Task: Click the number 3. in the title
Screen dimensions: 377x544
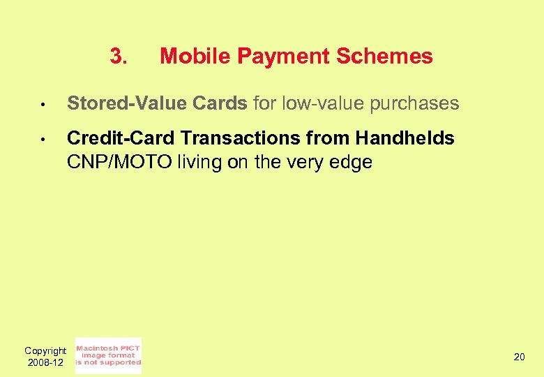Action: (119, 56)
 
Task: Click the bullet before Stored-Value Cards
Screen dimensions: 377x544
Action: (43, 105)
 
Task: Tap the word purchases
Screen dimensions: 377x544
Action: (414, 104)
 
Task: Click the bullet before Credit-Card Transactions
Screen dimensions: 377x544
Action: (43, 140)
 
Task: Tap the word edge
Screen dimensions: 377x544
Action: (353, 163)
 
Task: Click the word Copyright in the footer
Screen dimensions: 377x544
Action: (45, 350)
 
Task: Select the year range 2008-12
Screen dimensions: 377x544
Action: (45, 362)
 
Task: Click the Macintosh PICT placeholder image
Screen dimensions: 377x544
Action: (108, 355)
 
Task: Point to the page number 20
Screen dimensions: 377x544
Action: (520, 357)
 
